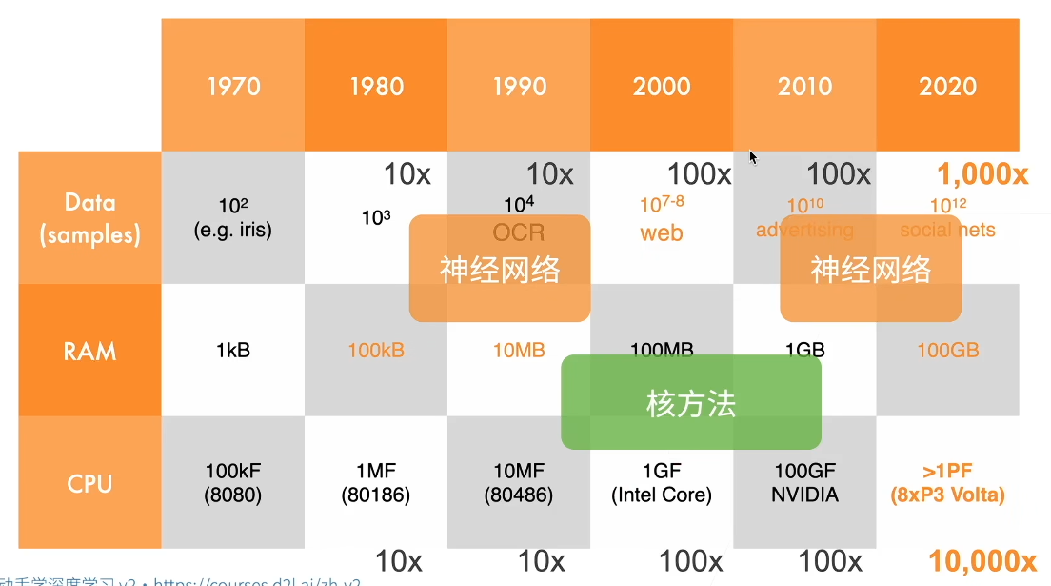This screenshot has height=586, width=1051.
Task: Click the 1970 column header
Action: pyautogui.click(x=233, y=86)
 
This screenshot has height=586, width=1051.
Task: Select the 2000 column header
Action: pyautogui.click(x=662, y=86)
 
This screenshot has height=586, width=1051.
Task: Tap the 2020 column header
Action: pyautogui.click(x=948, y=86)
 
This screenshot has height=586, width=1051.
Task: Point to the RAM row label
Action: pyautogui.click(x=89, y=350)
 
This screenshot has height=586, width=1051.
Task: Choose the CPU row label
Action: pyautogui.click(x=89, y=483)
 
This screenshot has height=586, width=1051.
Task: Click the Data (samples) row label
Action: pyautogui.click(x=89, y=217)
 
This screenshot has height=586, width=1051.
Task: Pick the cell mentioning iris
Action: pyautogui.click(x=232, y=218)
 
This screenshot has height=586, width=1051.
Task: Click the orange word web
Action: pyautogui.click(x=662, y=233)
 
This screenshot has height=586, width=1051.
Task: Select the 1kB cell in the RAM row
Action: pyautogui.click(x=233, y=351)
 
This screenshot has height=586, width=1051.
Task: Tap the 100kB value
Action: pyautogui.click(x=376, y=351)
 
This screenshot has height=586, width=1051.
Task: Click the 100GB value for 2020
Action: pyautogui.click(x=948, y=351)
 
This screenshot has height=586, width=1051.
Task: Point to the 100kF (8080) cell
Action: pyautogui.click(x=233, y=483)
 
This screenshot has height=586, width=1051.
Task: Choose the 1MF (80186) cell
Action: pyautogui.click(x=376, y=483)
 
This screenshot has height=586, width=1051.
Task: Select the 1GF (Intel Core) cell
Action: pyautogui.click(x=662, y=483)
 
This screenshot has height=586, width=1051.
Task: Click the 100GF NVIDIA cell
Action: pyautogui.click(x=804, y=483)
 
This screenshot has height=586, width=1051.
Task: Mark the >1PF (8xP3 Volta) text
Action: pyautogui.click(x=948, y=483)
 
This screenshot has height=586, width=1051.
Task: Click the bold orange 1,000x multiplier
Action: pyautogui.click(x=982, y=174)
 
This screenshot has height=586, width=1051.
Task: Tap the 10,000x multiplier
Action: pyautogui.click(x=982, y=560)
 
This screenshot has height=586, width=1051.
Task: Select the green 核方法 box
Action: pyautogui.click(x=691, y=403)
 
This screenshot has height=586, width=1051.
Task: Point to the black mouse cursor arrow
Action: pyautogui.click(x=753, y=157)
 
